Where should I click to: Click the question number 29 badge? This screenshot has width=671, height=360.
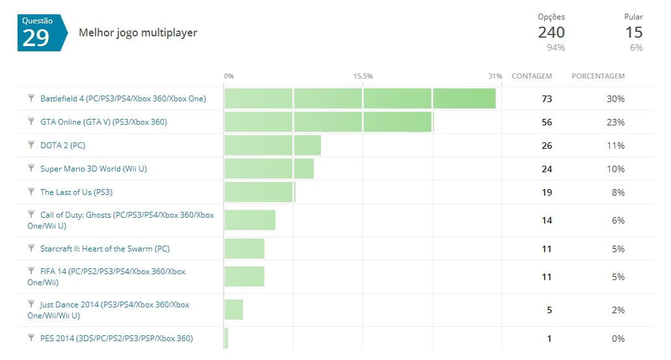point(40,32)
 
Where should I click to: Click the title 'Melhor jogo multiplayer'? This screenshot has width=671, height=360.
point(138,32)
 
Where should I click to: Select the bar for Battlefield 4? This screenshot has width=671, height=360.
point(360,99)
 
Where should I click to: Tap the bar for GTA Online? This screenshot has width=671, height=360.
point(328,122)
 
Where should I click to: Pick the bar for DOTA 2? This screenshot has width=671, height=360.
point(273,146)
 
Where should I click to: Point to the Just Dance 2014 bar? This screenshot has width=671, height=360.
point(234,310)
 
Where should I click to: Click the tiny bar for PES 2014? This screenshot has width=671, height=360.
point(226,338)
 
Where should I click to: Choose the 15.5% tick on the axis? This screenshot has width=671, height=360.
point(363,76)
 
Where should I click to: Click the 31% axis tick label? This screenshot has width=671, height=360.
point(495,76)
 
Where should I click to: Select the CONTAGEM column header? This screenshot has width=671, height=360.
point(531,76)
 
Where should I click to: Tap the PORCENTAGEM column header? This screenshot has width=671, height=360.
point(598,76)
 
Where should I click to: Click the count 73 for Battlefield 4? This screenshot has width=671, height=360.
point(546,99)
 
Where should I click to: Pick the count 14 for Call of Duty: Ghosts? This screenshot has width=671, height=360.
point(546,220)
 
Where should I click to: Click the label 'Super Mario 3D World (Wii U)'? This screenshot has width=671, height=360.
point(94,169)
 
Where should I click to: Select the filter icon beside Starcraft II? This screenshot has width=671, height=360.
point(31,248)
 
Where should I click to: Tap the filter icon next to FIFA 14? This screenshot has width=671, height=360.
point(31,270)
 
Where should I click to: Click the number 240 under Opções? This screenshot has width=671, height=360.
point(551,32)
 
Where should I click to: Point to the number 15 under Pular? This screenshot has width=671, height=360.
point(633,32)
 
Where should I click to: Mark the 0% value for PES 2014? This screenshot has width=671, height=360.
point(618,338)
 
